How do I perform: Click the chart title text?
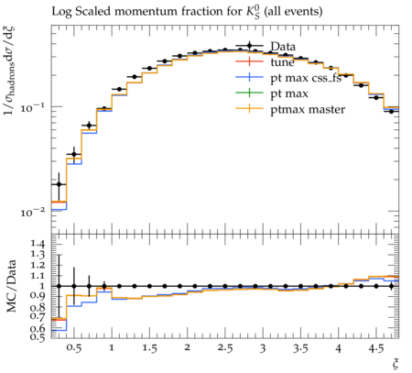[187, 12]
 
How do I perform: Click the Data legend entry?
[266, 47]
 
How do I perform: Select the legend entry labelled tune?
[265, 62]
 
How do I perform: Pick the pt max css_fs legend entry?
[288, 78]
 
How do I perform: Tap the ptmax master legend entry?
[290, 109]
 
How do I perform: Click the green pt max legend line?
[249, 93]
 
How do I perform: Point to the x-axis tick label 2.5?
[225, 348]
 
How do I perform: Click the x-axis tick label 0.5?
[74, 348]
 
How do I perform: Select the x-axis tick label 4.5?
[375, 348]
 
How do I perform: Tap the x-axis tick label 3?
[263, 348]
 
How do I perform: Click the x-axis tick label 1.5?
[149, 348]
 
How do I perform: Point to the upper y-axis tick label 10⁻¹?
[33, 107]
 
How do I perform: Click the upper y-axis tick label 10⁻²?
[33, 212]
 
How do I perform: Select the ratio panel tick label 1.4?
[38, 244]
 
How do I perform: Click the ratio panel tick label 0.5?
[38, 336]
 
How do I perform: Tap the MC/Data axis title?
[11, 286]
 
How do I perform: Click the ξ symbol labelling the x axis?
[396, 364]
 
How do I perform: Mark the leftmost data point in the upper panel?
[59, 184]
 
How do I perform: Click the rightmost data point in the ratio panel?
[391, 286]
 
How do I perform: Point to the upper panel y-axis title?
[10, 71]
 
